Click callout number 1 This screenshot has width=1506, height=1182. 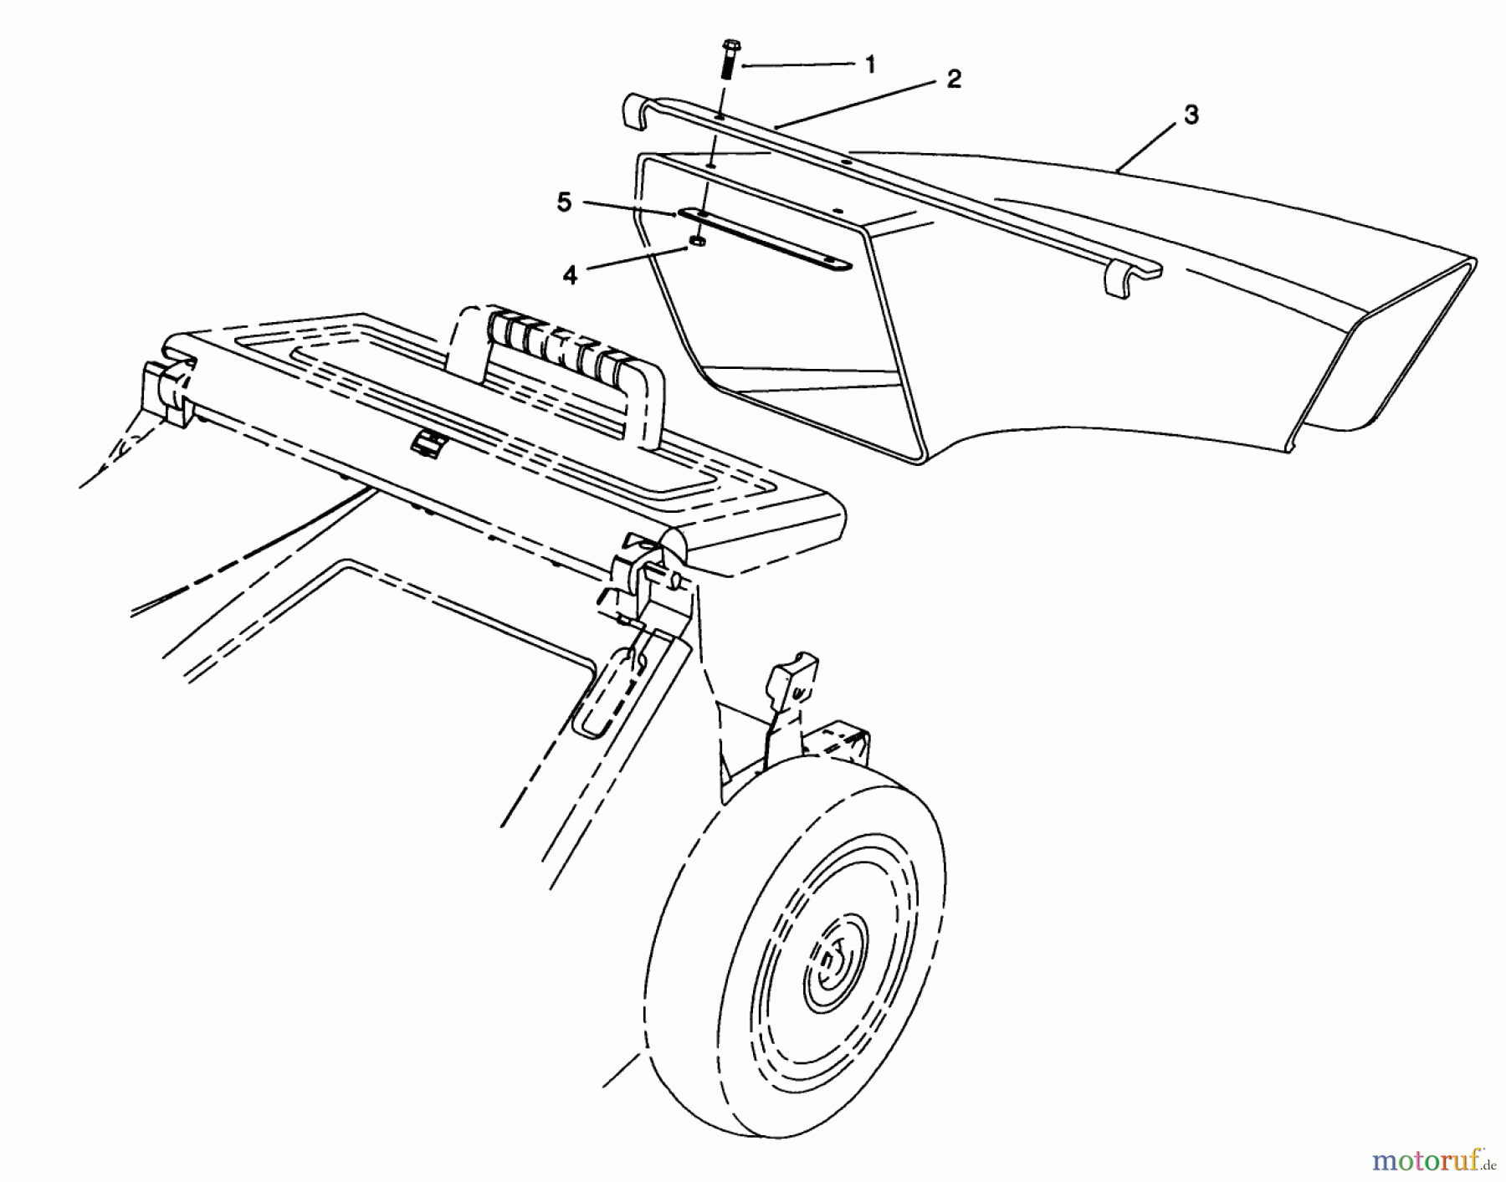(870, 64)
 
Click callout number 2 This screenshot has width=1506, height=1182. (953, 79)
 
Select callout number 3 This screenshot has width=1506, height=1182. (1191, 115)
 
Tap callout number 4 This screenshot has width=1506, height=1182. (570, 274)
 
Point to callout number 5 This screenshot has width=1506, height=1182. (565, 203)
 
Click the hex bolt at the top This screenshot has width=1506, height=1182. (727, 59)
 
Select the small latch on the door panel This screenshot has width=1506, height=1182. (424, 443)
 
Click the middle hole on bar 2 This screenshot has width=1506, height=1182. (847, 161)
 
